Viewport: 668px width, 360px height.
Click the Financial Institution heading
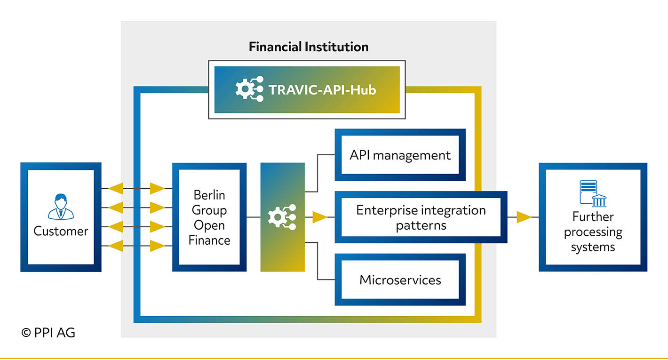[309, 47]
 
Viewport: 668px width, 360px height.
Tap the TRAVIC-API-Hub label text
[322, 90]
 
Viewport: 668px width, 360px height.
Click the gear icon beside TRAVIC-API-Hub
[249, 89]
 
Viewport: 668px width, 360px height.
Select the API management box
[400, 154]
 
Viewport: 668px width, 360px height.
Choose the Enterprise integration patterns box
[421, 217]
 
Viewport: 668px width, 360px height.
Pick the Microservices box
[400, 280]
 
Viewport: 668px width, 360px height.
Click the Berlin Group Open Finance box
[209, 217]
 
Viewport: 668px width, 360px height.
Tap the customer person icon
[61, 207]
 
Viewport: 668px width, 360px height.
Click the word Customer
[61, 231]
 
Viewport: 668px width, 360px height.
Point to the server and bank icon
[593, 193]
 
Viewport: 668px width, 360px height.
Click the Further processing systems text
[593, 232]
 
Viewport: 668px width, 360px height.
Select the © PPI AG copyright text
[48, 333]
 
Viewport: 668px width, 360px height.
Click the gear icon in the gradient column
[282, 217]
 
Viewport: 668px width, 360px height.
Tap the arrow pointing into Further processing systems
[524, 217]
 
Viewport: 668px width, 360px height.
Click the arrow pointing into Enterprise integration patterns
[320, 217]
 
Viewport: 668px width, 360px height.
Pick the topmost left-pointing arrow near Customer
[116, 189]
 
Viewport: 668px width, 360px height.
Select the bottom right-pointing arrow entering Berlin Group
[157, 246]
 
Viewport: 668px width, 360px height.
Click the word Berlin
[209, 195]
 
